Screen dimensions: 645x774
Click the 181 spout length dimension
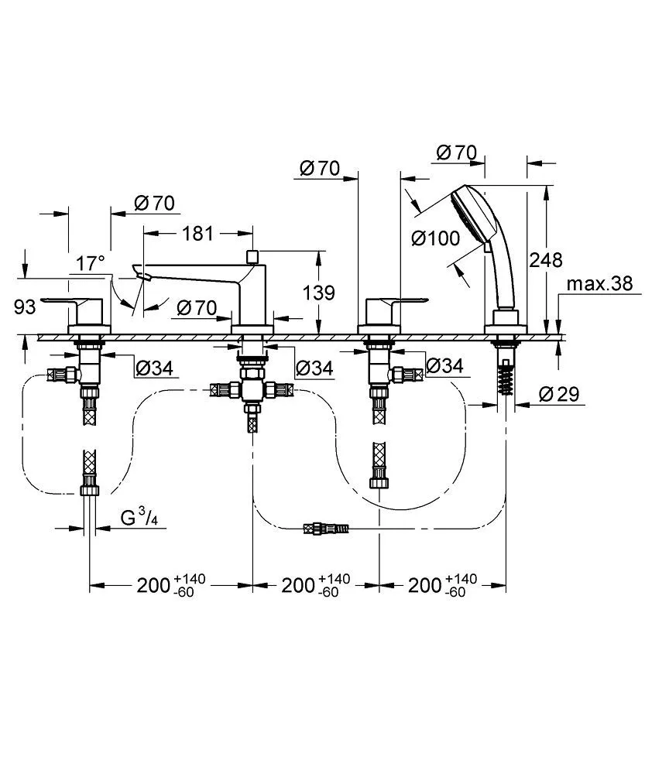point(197,234)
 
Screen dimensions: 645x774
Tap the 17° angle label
point(91,264)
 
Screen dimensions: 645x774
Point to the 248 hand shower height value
point(545,259)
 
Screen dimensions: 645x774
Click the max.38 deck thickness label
point(599,284)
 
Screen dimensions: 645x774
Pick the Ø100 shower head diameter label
point(436,239)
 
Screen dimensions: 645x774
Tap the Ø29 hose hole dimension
point(559,394)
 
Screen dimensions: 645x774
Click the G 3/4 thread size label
point(140,518)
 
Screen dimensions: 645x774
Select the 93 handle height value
point(25,307)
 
